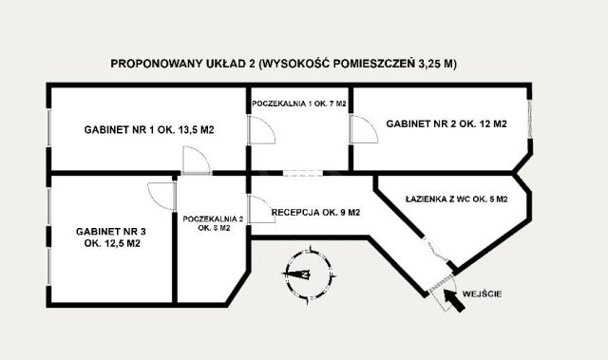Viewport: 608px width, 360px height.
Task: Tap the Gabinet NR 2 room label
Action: point(446,124)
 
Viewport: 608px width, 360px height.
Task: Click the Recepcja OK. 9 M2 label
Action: point(315,213)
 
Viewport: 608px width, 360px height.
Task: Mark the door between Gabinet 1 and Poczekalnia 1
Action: point(256,134)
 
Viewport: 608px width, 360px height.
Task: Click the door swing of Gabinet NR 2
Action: point(361,131)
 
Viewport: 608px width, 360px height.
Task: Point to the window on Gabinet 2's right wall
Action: point(530,123)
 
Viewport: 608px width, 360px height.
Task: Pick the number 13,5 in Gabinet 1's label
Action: point(190,131)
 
